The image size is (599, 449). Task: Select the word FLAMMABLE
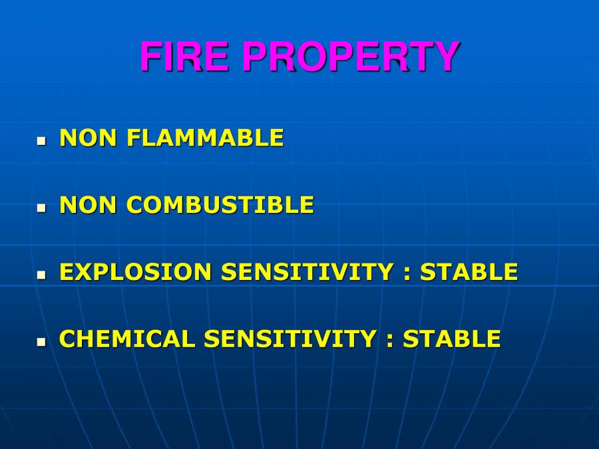tap(205, 138)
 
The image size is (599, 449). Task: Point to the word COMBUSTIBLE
tap(220, 206)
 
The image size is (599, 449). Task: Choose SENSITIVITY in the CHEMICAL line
tap(290, 339)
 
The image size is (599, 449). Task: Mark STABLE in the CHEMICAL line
tap(452, 339)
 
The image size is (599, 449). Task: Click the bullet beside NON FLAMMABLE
tap(41, 141)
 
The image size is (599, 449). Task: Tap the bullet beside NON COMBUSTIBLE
tap(41, 208)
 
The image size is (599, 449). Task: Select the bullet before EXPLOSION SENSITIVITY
tap(41, 275)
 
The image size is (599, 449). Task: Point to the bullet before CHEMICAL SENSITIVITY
tap(41, 342)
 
